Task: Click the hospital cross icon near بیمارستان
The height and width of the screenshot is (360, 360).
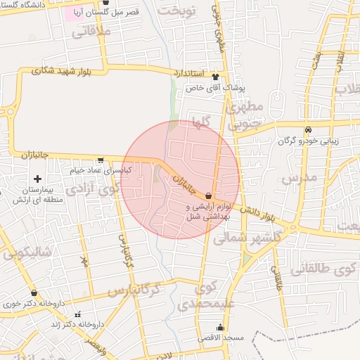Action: (x=37, y=179)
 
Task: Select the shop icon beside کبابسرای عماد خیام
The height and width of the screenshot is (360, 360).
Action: (x=101, y=160)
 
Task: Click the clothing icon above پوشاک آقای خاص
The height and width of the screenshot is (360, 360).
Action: (x=215, y=77)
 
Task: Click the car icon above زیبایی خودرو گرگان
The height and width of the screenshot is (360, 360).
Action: (x=308, y=130)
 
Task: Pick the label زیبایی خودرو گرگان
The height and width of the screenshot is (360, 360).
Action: (x=309, y=141)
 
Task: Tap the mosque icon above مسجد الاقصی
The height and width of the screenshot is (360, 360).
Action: (x=221, y=327)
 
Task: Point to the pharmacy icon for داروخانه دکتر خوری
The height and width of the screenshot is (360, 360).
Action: (x=34, y=293)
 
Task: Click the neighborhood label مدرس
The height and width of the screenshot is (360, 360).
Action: (x=300, y=178)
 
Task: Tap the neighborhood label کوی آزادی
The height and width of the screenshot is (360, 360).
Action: (x=91, y=190)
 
